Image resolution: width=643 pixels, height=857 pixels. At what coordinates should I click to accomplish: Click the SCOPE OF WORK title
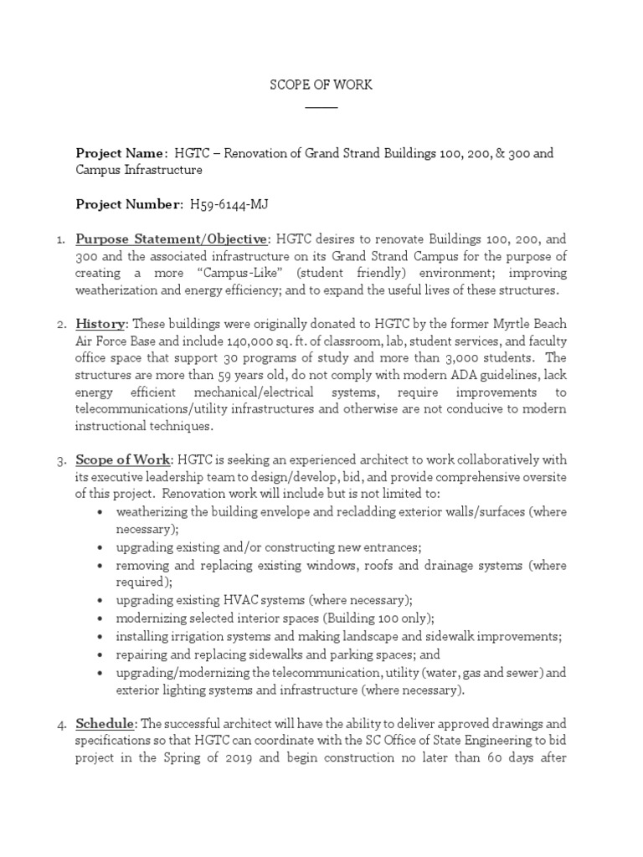[321, 85]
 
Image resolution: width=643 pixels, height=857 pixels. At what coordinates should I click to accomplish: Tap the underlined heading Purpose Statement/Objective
[172, 240]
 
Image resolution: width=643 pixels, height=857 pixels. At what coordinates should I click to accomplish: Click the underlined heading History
[100, 323]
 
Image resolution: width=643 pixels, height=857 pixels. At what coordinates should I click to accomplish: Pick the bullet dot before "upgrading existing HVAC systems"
[100, 601]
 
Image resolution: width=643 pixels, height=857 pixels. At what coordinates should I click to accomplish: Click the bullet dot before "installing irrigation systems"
[100, 636]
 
